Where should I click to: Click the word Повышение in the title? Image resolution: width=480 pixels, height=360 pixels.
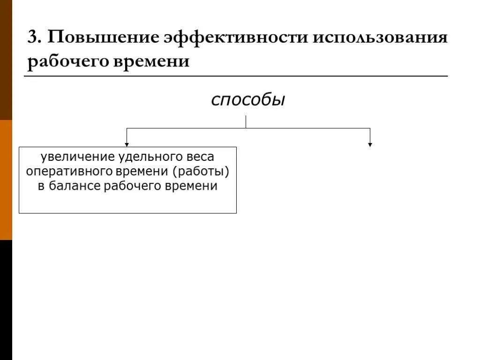tap(100, 37)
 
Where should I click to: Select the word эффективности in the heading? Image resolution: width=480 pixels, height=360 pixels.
tap(235, 37)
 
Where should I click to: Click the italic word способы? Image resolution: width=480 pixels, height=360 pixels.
tap(248, 99)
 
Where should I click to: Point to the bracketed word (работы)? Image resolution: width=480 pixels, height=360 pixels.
tap(201, 171)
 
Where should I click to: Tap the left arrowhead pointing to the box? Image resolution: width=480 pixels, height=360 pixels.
tap(126, 144)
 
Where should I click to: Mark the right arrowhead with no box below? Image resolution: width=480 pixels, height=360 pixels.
tap(370, 144)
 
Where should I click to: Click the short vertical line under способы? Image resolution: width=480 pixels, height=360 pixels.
tap(246, 121)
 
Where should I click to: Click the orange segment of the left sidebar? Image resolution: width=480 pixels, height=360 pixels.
tap(6, 180)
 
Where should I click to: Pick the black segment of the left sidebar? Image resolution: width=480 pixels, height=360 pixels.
tap(6, 300)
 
